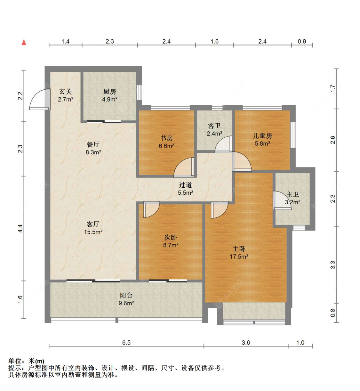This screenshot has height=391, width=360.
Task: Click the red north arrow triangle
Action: [24, 42]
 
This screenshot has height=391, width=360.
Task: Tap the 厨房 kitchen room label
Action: [109, 91]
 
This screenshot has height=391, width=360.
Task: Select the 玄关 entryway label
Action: [66, 91]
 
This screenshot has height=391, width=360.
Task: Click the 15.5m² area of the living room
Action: [93, 232]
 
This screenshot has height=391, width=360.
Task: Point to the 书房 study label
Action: [166, 138]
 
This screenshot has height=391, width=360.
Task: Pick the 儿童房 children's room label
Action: [262, 136]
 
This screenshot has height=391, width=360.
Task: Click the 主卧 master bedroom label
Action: [239, 249]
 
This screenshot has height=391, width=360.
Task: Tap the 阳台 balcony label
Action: [126, 296]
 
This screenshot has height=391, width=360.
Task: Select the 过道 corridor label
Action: [186, 185]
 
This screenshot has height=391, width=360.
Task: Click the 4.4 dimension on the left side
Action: [20, 228]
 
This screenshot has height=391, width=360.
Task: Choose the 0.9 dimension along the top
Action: [302, 41]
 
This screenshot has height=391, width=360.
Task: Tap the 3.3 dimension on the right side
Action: [333, 265]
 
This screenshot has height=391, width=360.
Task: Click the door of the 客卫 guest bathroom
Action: [223, 144]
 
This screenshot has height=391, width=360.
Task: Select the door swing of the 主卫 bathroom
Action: [282, 200]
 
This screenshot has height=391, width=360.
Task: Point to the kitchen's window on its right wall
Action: [139, 93]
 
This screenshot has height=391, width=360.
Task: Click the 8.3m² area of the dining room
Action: [93, 152]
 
